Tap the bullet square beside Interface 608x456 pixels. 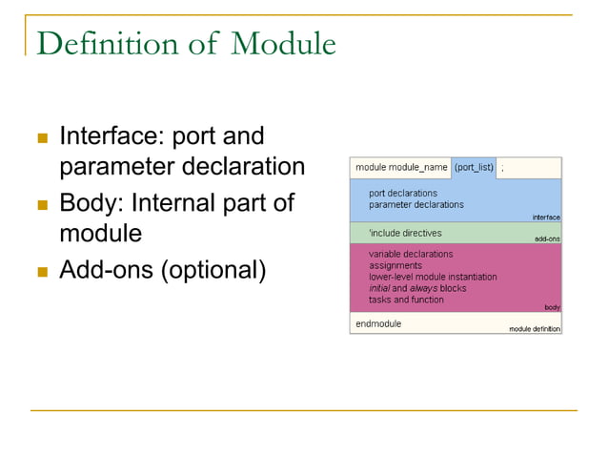42,138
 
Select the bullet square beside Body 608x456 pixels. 42,205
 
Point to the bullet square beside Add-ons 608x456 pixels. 42,272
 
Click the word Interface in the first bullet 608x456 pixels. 107,136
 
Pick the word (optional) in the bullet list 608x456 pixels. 213,271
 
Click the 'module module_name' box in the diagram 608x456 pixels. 401,168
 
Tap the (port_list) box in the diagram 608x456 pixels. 474,168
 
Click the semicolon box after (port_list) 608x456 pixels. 529,168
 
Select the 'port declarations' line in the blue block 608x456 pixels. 403,194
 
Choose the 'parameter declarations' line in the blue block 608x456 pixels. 416,205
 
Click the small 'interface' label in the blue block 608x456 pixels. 545,218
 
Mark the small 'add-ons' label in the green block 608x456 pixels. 547,238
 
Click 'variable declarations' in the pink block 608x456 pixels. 411,255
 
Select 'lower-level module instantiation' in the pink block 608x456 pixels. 433,277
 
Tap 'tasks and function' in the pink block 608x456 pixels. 406,300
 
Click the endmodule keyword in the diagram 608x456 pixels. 378,323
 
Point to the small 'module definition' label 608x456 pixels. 534,329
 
